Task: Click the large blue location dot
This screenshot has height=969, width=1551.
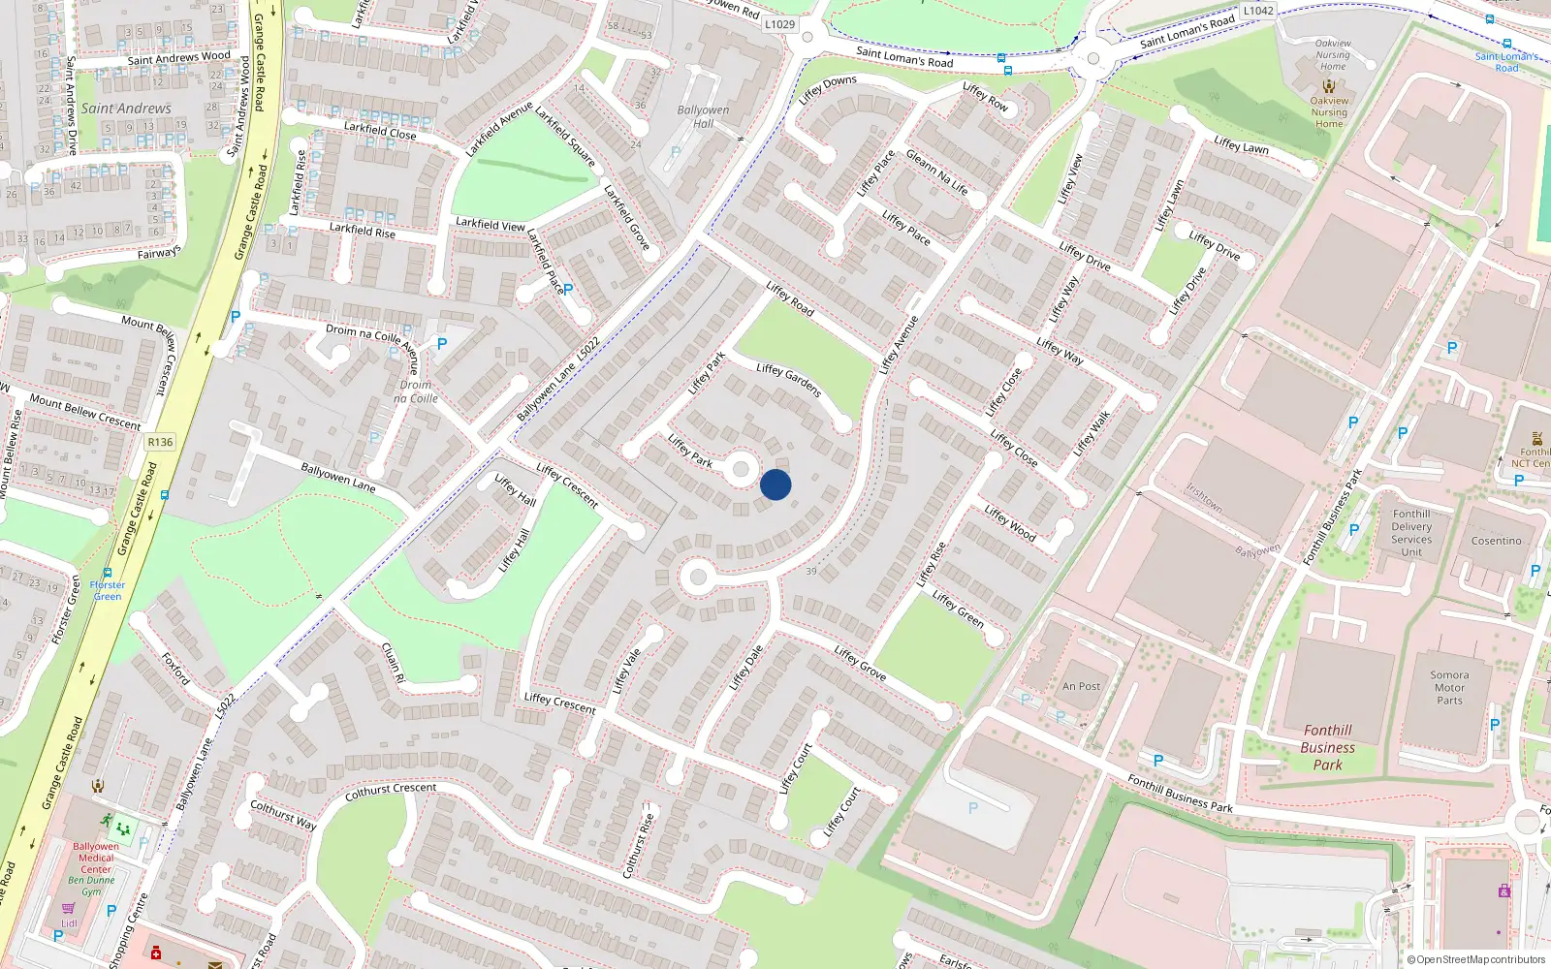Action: coord(775,484)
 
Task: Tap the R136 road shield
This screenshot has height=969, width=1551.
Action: coord(160,442)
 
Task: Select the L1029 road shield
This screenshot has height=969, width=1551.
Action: coord(779,24)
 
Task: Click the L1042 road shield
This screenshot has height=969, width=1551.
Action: coord(1258,11)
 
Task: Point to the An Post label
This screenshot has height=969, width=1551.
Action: coord(1081,686)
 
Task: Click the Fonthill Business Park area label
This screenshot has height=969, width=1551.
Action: coord(1327,747)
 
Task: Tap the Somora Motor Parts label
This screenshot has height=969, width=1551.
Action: coord(1449,688)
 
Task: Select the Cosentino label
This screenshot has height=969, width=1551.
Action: coord(1496,541)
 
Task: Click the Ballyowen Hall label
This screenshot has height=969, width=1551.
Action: coord(703,116)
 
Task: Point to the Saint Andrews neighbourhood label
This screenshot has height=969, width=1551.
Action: coord(126,109)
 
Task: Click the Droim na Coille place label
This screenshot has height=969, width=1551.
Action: coord(416,391)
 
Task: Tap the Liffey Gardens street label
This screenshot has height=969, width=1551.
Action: coord(789,380)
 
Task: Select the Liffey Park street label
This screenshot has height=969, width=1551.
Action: coord(690,451)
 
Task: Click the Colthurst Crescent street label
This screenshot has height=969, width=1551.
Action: coord(391,792)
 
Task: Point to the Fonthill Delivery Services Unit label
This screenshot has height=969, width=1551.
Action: coord(1411,533)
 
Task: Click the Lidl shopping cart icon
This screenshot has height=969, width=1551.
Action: coord(69,909)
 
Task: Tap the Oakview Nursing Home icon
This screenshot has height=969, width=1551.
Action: coord(1329,86)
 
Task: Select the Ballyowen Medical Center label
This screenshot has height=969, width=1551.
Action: coord(96,858)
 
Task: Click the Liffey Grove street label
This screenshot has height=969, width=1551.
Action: coord(860,663)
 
